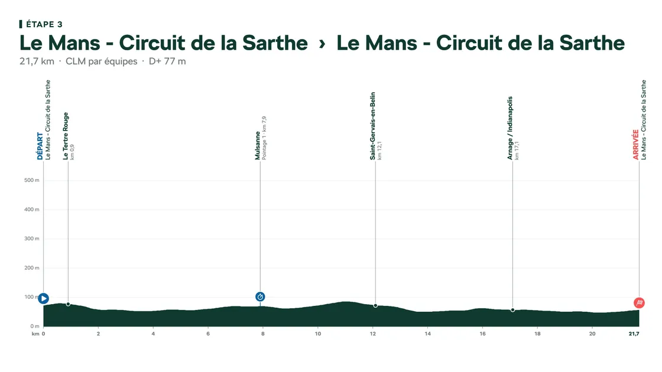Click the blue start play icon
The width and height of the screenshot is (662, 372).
pos(44,299)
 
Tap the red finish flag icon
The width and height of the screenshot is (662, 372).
pos(639,303)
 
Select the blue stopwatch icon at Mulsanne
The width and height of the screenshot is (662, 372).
pos(260,297)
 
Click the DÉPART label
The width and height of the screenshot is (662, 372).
pos(40,146)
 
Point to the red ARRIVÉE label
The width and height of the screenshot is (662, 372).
pos(636,145)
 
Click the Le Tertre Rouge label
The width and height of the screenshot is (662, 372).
pos(66,136)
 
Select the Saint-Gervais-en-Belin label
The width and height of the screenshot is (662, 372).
pos(372,126)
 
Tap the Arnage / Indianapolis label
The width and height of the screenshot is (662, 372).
pos(510,128)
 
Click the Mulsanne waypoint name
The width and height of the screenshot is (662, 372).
pos(257,145)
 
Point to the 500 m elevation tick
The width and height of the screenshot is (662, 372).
pos(32,180)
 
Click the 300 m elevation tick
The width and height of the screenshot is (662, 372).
pos(32,239)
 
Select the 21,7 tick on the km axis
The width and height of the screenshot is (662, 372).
pos(634,334)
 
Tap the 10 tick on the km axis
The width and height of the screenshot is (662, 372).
pos(318,334)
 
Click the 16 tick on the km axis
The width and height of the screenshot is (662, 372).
pos(482,334)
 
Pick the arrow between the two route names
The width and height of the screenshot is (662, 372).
pos(322,44)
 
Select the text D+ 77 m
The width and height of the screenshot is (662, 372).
pos(167,61)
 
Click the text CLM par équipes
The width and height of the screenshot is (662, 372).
pos(101,61)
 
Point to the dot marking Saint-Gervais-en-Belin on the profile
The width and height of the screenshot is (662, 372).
pos(375,306)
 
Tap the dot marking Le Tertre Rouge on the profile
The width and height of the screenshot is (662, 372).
pos(68,304)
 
